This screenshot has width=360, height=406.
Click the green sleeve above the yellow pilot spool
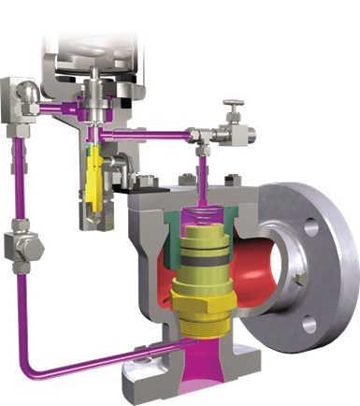click(x=93, y=148)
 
